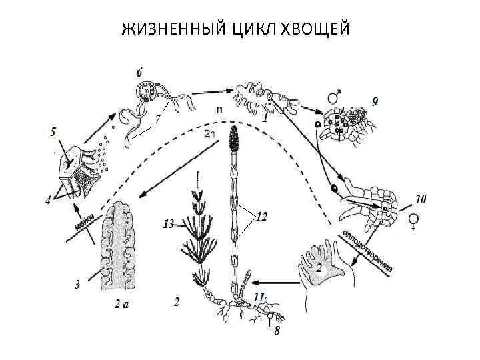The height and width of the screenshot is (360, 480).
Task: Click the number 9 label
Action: [x=377, y=101]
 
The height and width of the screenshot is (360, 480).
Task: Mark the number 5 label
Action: [x=53, y=132]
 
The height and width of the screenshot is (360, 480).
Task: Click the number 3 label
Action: [x=77, y=284]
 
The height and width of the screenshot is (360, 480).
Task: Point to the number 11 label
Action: [x=259, y=295]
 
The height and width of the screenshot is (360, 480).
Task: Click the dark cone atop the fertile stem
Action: [x=233, y=141]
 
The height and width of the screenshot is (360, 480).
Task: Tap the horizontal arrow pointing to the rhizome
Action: [x=276, y=281]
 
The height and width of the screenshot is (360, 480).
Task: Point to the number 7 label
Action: [x=158, y=119]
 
